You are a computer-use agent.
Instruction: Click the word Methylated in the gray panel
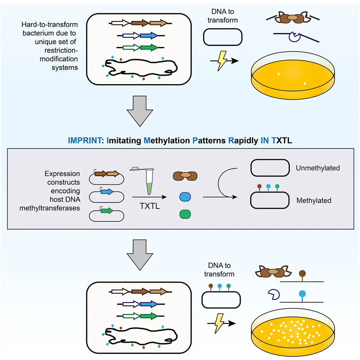click(x=314, y=200)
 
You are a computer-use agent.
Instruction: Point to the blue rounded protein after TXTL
click(x=185, y=197)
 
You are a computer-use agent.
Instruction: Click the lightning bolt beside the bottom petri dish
click(x=219, y=322)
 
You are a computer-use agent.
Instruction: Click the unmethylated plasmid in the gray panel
click(x=270, y=168)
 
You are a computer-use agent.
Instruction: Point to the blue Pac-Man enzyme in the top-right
click(x=294, y=37)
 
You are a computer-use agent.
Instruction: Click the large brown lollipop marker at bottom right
click(x=302, y=274)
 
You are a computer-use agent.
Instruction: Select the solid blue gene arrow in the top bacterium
click(x=149, y=36)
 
